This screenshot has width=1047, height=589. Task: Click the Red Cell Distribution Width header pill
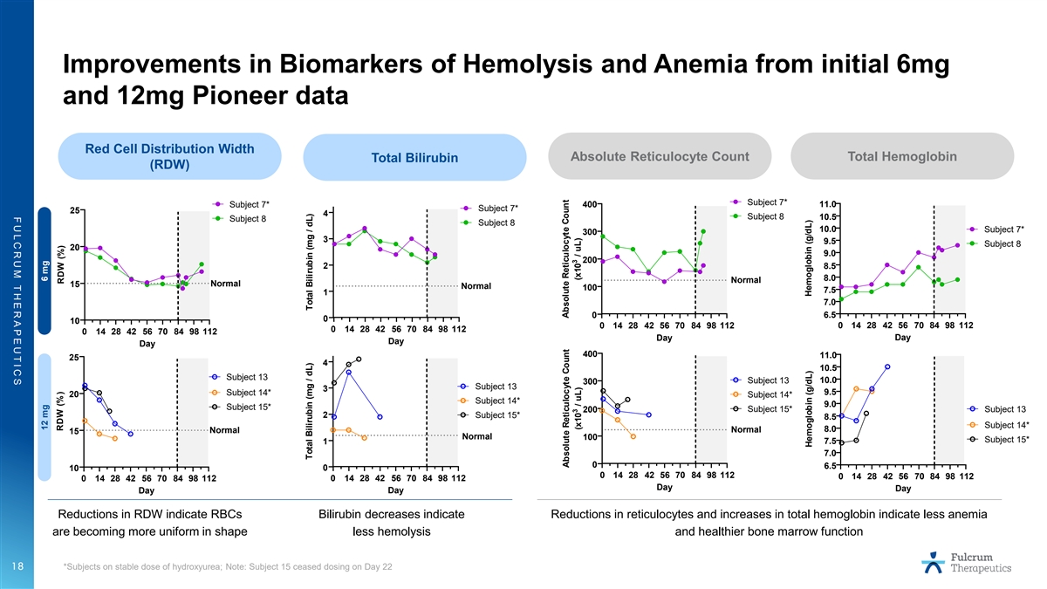coord(168,156)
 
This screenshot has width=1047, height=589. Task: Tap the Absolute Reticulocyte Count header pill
coord(660,156)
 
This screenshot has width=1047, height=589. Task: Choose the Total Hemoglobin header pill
coord(902,156)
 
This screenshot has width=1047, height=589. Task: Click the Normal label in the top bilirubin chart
coord(477,286)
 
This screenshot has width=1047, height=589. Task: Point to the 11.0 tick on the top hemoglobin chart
coord(828,205)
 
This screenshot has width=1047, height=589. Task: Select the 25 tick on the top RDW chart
coord(75,210)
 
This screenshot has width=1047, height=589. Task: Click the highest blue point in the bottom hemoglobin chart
coord(887,367)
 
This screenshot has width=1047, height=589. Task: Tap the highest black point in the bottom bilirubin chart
coord(359,360)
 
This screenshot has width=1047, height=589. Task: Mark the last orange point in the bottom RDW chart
coord(114,438)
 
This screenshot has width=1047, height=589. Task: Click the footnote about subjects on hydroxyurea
coord(227,568)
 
